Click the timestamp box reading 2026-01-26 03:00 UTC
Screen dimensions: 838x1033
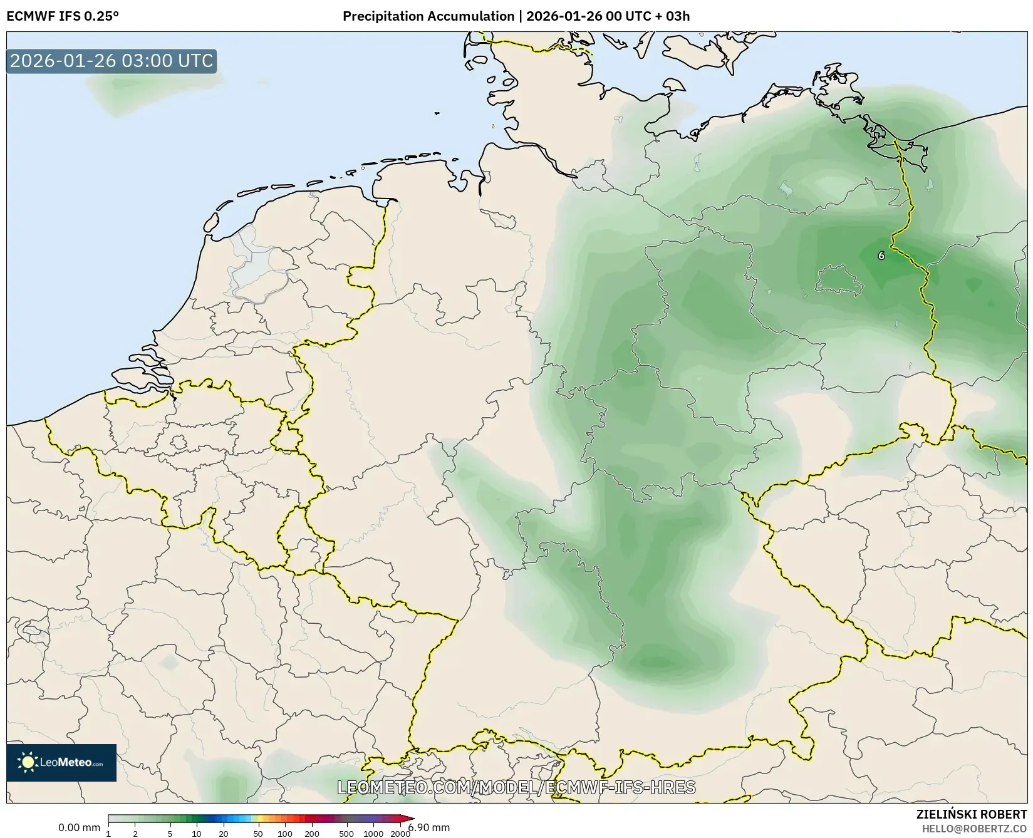point(112,61)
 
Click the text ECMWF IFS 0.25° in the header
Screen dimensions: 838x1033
point(62,16)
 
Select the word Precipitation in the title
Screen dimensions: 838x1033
point(383,16)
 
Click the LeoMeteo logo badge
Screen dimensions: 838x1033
point(61,762)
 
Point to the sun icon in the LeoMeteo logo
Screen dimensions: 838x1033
point(28,762)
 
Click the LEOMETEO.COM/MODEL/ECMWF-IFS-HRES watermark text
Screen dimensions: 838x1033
point(516,787)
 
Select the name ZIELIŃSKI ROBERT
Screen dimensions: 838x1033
point(972,815)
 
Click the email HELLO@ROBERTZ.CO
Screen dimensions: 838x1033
point(974,829)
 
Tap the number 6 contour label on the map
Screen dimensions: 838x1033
point(881,256)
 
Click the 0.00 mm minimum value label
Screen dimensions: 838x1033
point(79,828)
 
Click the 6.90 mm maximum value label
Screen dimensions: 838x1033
point(428,828)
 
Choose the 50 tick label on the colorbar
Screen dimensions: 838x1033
point(257,834)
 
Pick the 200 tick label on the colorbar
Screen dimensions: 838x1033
point(311,834)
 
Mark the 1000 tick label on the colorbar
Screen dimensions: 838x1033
point(373,834)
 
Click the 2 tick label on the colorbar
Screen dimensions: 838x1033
point(135,834)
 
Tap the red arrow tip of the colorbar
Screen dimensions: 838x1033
point(410,818)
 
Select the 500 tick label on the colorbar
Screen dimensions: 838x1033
point(346,834)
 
